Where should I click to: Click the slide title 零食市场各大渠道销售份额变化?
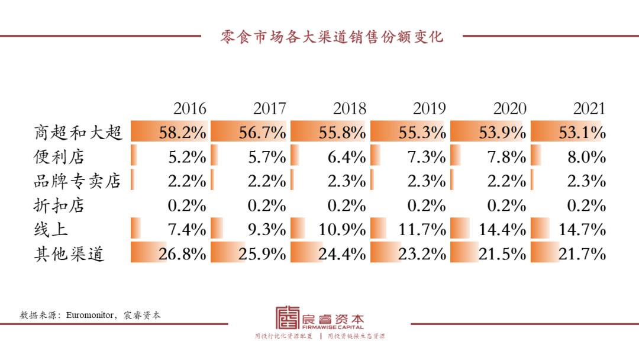331,37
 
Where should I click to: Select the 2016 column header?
190,108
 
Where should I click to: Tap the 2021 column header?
589,108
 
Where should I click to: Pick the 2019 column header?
430,108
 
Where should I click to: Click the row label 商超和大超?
78,132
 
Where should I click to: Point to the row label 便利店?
59,157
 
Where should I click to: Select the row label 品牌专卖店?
78,181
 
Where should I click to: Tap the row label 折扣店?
59,205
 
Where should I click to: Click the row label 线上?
50,229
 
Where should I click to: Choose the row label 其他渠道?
69,253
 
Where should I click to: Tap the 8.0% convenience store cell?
586,157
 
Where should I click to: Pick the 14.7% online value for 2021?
582,229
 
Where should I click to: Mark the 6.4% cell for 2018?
347,157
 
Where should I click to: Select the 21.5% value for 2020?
502,254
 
